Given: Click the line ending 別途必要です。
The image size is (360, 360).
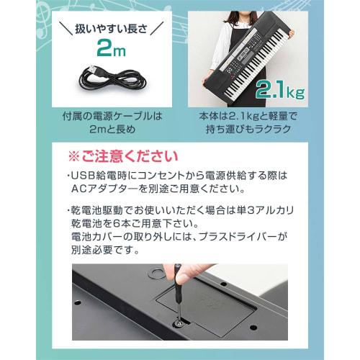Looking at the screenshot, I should tap(104, 251).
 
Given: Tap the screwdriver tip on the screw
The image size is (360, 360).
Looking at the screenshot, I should tap(176, 323).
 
